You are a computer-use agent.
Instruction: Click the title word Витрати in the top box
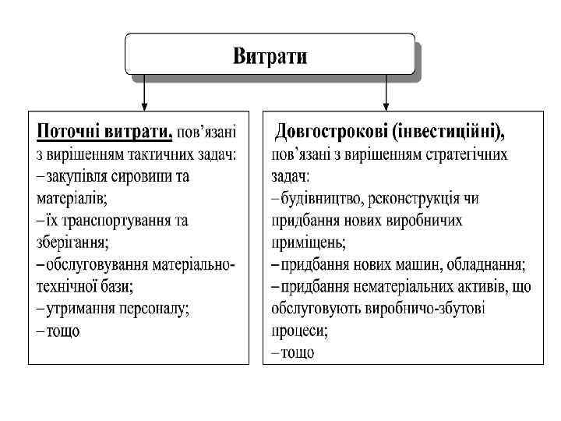pyautogui.click(x=270, y=56)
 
